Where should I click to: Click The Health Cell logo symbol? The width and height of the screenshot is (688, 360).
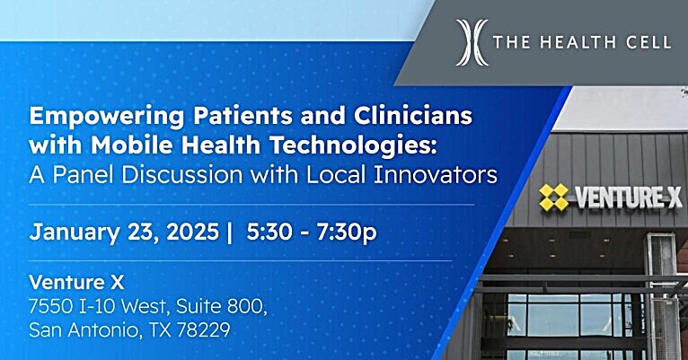click(472, 42)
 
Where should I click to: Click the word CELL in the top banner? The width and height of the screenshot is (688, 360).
click(652, 42)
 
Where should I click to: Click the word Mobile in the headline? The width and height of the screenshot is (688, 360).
click(132, 145)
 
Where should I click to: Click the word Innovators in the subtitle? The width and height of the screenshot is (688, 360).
click(436, 174)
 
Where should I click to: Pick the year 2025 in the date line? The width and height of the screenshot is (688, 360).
click(192, 232)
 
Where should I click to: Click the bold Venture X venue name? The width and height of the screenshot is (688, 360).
click(76, 283)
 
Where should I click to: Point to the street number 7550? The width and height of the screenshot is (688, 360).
click(49, 306)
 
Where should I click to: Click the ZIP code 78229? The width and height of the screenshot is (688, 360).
click(203, 329)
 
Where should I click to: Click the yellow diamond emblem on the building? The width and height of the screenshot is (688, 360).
click(554, 197)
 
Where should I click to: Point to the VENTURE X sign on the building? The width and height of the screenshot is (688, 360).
click(611, 198)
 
